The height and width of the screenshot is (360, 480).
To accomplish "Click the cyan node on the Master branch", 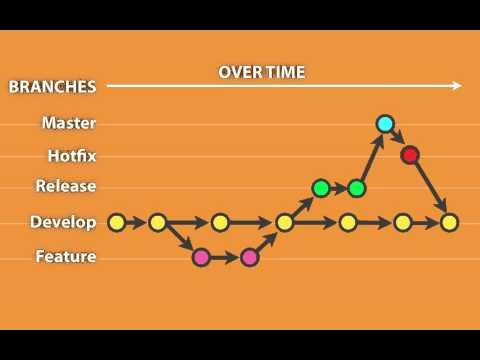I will [x=385, y=124].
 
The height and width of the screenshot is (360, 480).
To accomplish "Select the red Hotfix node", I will [x=409, y=155].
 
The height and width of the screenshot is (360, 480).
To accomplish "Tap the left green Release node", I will [x=321, y=187].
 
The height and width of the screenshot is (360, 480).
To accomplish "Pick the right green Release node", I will [x=357, y=187].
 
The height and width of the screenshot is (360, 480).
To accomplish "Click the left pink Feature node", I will [x=201, y=257].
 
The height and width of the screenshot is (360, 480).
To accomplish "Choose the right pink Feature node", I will [x=250, y=257].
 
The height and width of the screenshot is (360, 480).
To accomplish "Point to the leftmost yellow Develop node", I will [x=116, y=222].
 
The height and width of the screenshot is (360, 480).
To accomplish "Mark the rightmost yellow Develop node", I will [x=449, y=222].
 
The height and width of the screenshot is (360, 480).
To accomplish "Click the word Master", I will [x=69, y=123].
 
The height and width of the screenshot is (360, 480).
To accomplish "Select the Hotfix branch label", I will [x=72, y=155].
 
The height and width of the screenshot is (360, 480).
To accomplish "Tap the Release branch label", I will [x=66, y=185].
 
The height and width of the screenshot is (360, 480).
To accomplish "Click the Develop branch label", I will [x=63, y=222].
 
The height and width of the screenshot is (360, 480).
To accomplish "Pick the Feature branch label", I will [x=66, y=256].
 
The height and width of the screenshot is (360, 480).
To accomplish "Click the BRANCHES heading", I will [x=52, y=86].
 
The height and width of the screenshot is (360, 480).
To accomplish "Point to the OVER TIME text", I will [x=262, y=72].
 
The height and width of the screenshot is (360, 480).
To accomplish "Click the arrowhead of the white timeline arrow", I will [x=456, y=86].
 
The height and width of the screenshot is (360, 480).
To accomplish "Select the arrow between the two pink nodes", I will [x=225, y=257].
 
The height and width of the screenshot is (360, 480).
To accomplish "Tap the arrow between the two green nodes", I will [x=339, y=187].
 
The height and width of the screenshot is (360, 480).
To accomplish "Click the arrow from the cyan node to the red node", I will [x=397, y=139].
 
